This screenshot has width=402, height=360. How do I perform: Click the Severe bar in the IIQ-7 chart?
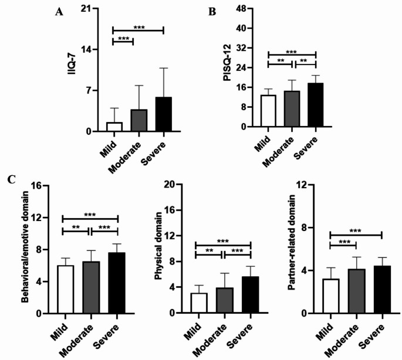(x=163, y=114)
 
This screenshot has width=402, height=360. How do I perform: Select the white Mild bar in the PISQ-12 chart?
(x=268, y=111)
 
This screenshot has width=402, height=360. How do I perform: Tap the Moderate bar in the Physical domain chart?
(x=225, y=300)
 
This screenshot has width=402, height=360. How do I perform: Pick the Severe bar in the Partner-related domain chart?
(x=382, y=290)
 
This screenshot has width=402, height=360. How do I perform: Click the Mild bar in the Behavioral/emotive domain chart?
(x=65, y=290)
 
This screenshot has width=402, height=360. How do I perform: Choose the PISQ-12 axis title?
(x=227, y=63)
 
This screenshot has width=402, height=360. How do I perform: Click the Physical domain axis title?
(x=158, y=246)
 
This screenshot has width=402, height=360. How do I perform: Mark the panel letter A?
(x=59, y=12)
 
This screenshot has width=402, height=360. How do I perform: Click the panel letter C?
(x=12, y=179)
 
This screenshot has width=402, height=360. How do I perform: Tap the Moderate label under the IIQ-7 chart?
(x=124, y=158)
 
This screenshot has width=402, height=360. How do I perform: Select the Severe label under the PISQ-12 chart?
(x=306, y=148)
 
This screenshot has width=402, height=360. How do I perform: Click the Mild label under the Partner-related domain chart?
(x=325, y=332)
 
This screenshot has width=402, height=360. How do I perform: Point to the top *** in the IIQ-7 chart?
(x=139, y=27)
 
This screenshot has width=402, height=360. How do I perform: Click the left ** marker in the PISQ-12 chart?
(x=281, y=61)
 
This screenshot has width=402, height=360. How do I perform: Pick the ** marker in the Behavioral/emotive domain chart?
(x=76, y=227)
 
